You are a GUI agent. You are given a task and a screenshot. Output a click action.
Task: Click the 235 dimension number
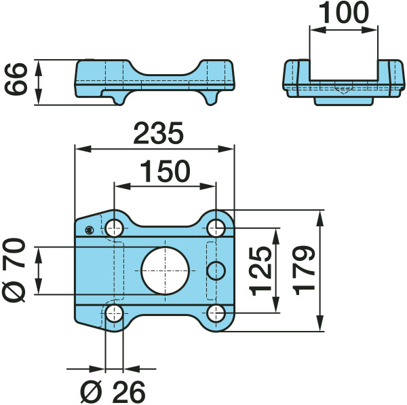[158, 134]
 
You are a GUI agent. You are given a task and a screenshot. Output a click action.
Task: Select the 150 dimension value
[165, 171]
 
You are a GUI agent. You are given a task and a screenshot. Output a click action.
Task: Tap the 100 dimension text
[343, 12]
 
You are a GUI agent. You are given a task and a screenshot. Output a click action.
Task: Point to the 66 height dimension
[16, 79]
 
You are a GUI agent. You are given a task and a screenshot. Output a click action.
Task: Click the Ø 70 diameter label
[14, 270]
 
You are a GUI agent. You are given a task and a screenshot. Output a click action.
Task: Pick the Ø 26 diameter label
[113, 391]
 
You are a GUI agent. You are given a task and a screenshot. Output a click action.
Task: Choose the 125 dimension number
[260, 271]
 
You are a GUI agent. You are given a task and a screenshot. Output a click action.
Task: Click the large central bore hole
[165, 270]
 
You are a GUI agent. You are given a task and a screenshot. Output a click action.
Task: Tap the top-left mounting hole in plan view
[114, 228]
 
